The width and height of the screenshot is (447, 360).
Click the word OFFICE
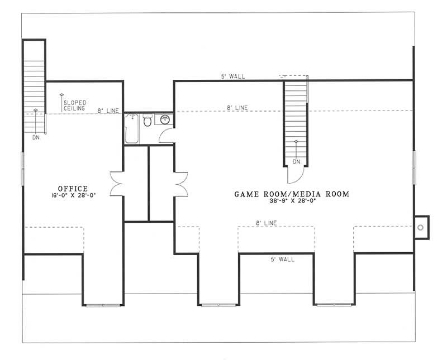click(73, 188)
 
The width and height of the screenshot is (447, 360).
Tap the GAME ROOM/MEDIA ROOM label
click(291, 194)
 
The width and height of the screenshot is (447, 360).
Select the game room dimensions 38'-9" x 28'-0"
click(291, 202)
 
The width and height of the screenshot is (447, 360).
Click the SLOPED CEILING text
click(75, 105)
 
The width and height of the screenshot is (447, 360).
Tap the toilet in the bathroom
click(148, 121)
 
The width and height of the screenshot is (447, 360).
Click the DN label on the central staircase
click(296, 162)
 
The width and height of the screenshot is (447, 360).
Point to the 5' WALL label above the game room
click(232, 76)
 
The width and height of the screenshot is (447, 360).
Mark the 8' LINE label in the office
click(108, 111)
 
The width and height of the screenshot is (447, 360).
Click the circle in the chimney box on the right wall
click(421, 227)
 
